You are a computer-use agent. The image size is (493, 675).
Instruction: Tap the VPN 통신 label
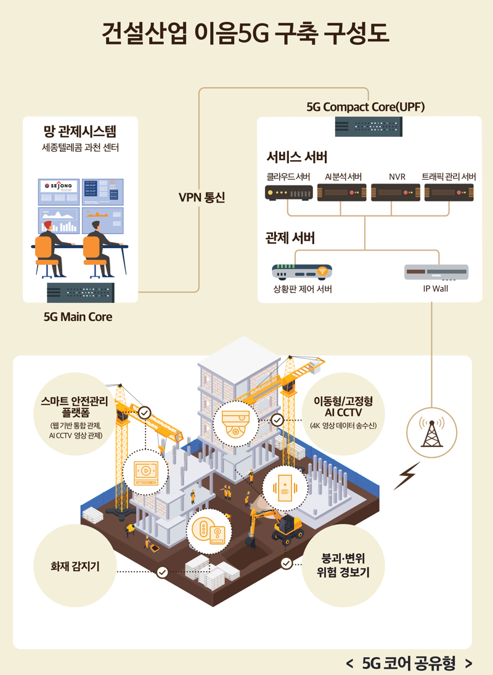[x=202, y=198]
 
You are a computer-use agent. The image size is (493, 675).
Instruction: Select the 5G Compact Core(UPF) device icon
[x=369, y=126]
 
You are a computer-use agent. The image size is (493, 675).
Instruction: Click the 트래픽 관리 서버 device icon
[x=449, y=193]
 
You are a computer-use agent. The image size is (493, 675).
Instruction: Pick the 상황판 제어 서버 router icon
[x=302, y=272]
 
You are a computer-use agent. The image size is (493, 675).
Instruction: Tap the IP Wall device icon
[x=436, y=272]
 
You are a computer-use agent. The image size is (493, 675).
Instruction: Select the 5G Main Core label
[x=78, y=317]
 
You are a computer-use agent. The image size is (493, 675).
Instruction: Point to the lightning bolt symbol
[x=406, y=475]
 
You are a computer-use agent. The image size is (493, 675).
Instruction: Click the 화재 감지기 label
[x=75, y=564]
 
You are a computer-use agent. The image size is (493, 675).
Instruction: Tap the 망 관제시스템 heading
[x=80, y=131]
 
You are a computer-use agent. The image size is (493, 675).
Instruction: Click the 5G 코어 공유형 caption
[x=409, y=663]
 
